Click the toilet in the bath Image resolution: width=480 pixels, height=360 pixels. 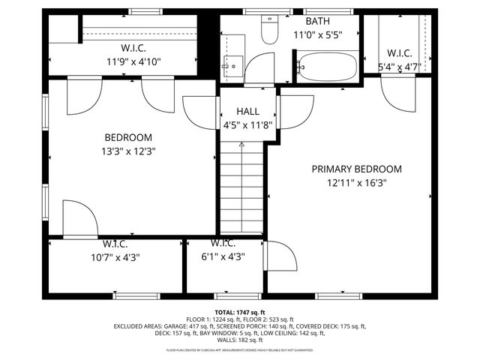[x=268, y=30]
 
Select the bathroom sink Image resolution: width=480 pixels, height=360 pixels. [x=230, y=66]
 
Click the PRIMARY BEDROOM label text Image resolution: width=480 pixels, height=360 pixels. [x=356, y=169]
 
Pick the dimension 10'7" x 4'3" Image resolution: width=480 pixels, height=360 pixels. [x=115, y=256]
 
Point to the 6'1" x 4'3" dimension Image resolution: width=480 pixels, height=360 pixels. [x=223, y=256]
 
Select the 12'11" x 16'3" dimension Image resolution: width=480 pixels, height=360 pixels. [x=356, y=182]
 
